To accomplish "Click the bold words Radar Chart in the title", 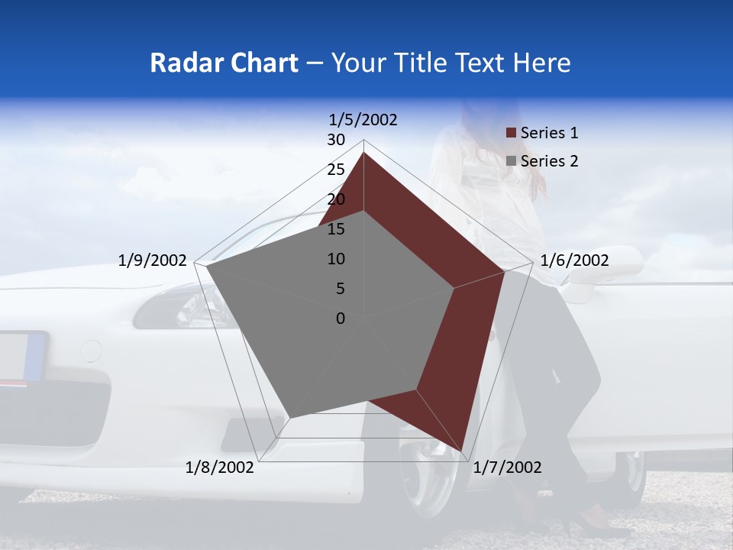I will (223, 63).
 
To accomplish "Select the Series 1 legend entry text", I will (549, 133).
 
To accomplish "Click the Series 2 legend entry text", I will (549, 161).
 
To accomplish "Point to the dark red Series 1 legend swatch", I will (511, 134).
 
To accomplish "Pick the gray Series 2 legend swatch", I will (511, 162).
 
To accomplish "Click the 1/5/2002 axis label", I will (363, 119).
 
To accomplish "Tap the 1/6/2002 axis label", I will (574, 260).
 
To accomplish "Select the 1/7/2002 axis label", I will (507, 467).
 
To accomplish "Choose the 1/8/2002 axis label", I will (220, 467).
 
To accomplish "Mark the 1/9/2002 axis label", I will (153, 260).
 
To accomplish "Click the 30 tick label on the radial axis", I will (336, 140).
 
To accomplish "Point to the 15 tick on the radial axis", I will (336, 229).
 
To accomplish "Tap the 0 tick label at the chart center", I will (341, 319).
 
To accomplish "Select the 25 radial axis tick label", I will (336, 170).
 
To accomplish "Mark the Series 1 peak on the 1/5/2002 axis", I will (363, 153).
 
